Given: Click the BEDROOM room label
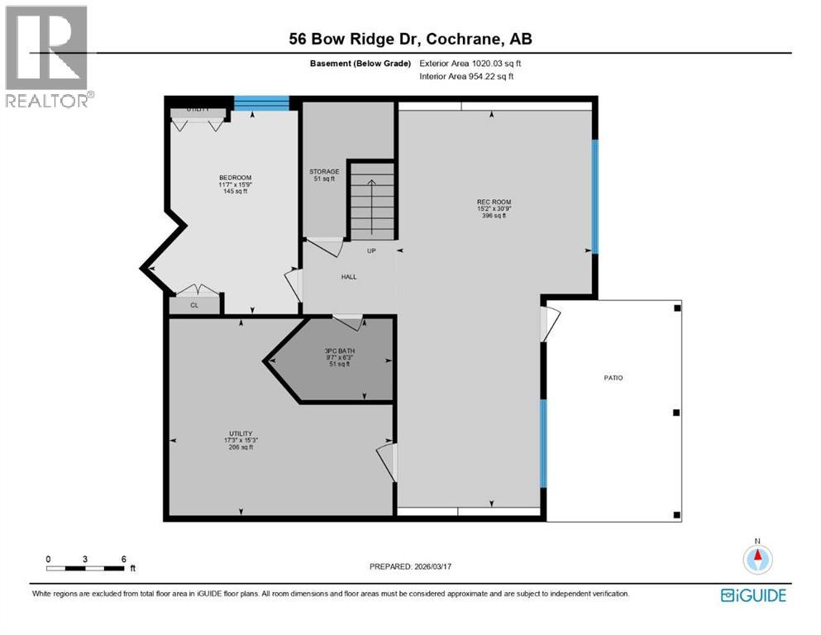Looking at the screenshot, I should coord(235,178).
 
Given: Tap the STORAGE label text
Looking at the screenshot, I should coord(323,172).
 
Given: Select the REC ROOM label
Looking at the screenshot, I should coord(494,201).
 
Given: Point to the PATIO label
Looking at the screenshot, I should coord(613,378).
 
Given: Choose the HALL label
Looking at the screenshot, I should coord(349,276).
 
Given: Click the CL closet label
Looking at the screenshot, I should coord(194,305).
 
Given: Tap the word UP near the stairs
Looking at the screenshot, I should coord(372,251).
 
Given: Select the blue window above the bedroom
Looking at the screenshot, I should coord(261,103).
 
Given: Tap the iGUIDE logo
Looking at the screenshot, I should coord(753,595).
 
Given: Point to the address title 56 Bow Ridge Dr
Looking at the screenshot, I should coord(410,39).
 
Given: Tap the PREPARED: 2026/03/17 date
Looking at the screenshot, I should coord(410,566).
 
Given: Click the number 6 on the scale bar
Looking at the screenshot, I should coord(123,559).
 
